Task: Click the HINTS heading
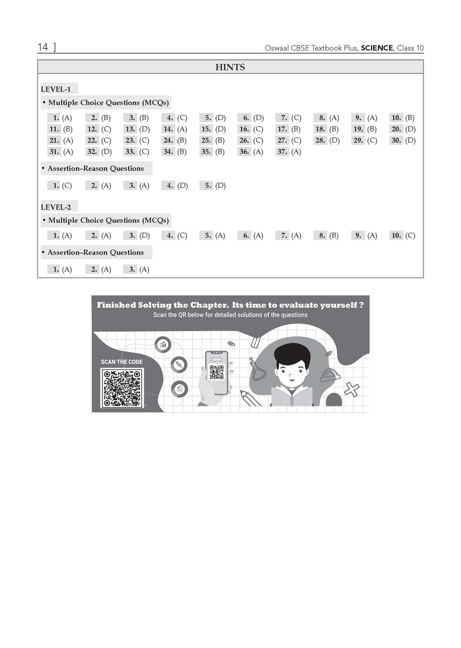click(x=230, y=67)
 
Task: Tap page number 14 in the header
click(x=43, y=47)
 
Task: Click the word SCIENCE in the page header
click(x=377, y=48)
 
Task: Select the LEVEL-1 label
click(x=56, y=89)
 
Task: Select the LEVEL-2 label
click(x=56, y=207)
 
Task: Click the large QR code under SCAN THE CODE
click(x=122, y=387)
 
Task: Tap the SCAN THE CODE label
click(x=122, y=362)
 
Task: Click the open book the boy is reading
click(x=292, y=396)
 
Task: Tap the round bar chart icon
click(x=163, y=345)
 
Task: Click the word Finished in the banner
click(x=116, y=305)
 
